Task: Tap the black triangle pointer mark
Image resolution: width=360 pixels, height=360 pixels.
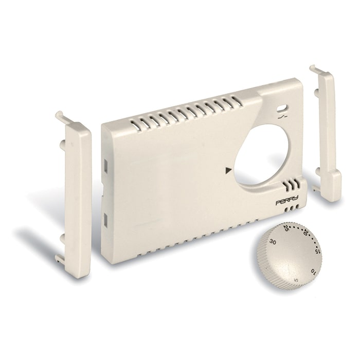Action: click(228, 170)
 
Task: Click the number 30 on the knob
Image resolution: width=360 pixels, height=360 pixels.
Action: click(273, 242)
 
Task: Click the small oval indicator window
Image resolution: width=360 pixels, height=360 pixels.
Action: click(282, 109)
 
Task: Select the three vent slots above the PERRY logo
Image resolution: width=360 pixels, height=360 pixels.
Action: click(292, 185)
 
